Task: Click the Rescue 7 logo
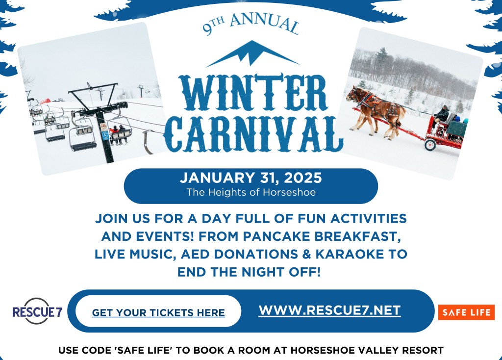[37, 311]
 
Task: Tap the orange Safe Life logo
[466, 312]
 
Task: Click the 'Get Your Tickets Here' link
[158, 312]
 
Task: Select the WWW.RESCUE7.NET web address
[329, 310]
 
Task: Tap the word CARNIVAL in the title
[253, 134]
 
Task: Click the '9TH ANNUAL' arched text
[251, 24]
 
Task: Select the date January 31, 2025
[251, 178]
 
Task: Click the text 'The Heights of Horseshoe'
[251, 192]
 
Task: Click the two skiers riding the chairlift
[119, 134]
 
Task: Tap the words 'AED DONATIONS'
[239, 254]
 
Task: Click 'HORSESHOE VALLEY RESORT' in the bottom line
[367, 350]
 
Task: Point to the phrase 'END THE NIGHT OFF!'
[249, 272]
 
